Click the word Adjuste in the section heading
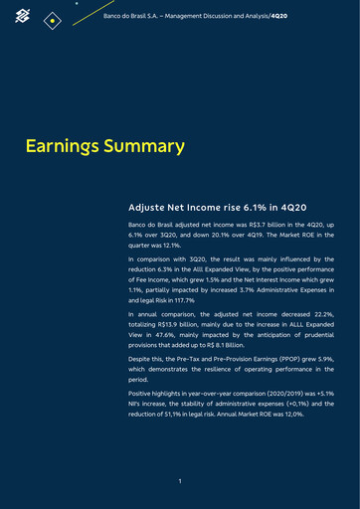point(150,210)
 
